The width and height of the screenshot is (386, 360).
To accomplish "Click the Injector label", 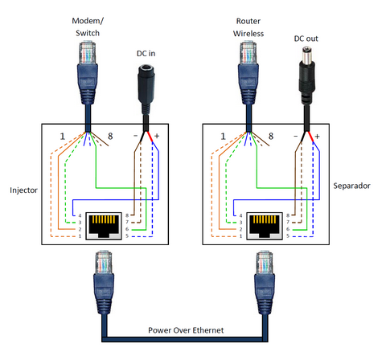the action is (x=23, y=190).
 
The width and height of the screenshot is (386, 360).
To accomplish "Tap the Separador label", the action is (x=351, y=186).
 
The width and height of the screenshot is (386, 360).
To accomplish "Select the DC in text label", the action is (x=146, y=54).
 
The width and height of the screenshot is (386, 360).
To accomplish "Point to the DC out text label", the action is (x=306, y=39).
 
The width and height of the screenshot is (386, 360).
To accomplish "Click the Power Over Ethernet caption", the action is (x=186, y=330).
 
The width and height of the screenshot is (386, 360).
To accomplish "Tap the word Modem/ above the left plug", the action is (x=88, y=21).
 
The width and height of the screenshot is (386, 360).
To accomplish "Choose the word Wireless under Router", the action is (x=248, y=34).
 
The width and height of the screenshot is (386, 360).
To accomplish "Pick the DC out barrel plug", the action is (x=307, y=76).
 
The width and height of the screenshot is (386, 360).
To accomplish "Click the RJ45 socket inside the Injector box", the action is (x=104, y=226).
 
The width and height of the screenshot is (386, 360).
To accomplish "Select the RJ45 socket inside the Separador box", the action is (x=265, y=226).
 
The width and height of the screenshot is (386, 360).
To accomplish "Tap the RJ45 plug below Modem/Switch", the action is (x=88, y=73).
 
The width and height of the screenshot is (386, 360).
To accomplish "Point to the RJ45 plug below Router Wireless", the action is (x=248, y=73).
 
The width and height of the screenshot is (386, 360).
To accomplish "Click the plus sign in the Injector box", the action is (x=157, y=136).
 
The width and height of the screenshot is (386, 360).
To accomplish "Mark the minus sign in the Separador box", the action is (x=295, y=137).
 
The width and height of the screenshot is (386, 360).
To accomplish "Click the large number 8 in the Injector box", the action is (x=110, y=137).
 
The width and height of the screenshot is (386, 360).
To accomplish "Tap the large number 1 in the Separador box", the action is (x=223, y=137).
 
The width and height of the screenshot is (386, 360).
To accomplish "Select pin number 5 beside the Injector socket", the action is (x=127, y=236).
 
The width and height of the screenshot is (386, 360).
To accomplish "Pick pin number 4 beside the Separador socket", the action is (x=240, y=215).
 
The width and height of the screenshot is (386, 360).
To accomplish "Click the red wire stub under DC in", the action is (x=150, y=137).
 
